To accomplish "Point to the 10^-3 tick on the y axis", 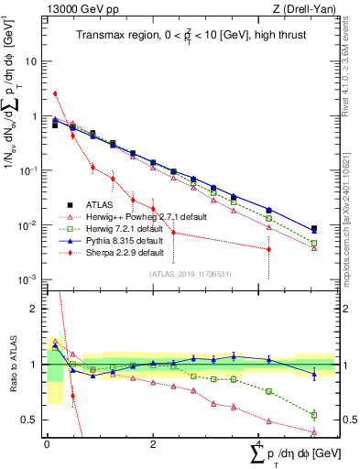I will click(29, 279).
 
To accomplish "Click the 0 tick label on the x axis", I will click(47, 443).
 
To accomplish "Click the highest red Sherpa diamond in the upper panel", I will click(55, 93).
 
